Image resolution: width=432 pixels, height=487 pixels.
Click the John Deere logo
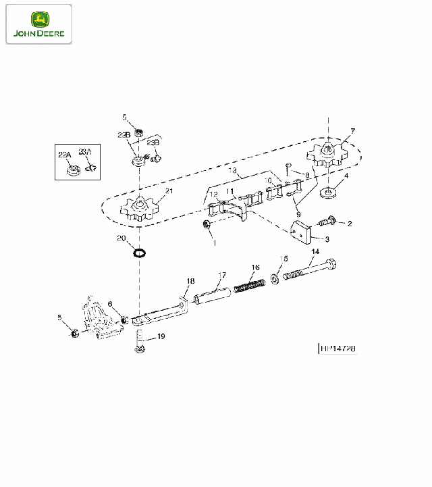click(x=38, y=24)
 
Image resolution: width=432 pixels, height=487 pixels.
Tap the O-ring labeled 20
click(x=140, y=253)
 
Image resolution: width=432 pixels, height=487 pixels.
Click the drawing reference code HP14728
click(x=337, y=349)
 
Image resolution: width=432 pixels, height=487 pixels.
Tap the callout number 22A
click(x=64, y=155)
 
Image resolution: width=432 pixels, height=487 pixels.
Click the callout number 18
click(x=190, y=280)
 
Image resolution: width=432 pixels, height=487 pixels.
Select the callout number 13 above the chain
click(x=232, y=172)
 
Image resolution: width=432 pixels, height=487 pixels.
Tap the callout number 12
click(x=213, y=195)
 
